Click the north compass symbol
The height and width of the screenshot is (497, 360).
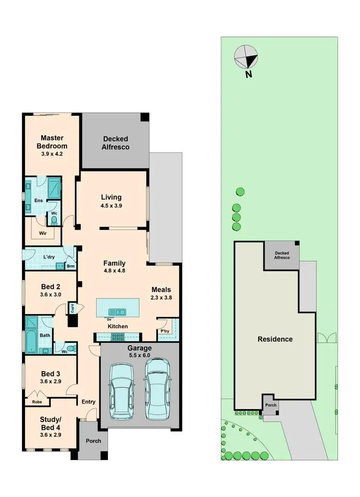(x=246, y=58)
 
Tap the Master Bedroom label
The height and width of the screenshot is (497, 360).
(x=53, y=142)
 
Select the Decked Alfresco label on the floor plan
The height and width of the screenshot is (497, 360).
(x=115, y=143)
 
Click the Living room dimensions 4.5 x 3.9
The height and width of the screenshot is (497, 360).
(x=111, y=206)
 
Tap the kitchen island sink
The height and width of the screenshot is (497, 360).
(x=117, y=312)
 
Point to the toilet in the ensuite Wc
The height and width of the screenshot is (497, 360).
(x=54, y=221)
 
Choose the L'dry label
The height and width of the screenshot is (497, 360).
(x=48, y=257)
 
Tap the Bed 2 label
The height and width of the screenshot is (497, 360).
(x=51, y=287)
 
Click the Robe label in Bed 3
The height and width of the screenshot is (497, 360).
(x=36, y=402)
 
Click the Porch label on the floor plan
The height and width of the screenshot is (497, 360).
(x=93, y=441)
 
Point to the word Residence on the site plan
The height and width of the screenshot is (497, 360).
(x=275, y=339)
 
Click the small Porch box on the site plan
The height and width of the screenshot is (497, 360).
(x=270, y=405)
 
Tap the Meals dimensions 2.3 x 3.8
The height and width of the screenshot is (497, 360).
(x=162, y=297)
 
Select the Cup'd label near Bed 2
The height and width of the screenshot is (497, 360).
(x=72, y=308)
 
